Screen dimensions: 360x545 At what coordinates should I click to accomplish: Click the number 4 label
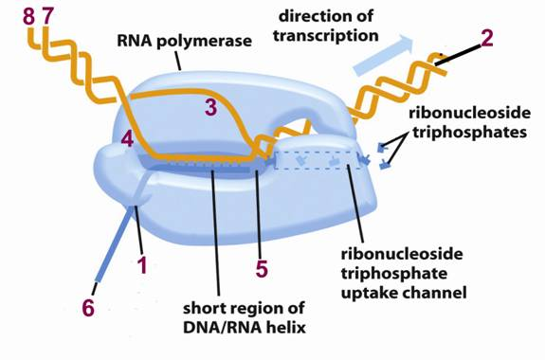pyautogui.click(x=128, y=139)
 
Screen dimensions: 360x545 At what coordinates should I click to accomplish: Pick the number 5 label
pyautogui.click(x=262, y=268)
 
